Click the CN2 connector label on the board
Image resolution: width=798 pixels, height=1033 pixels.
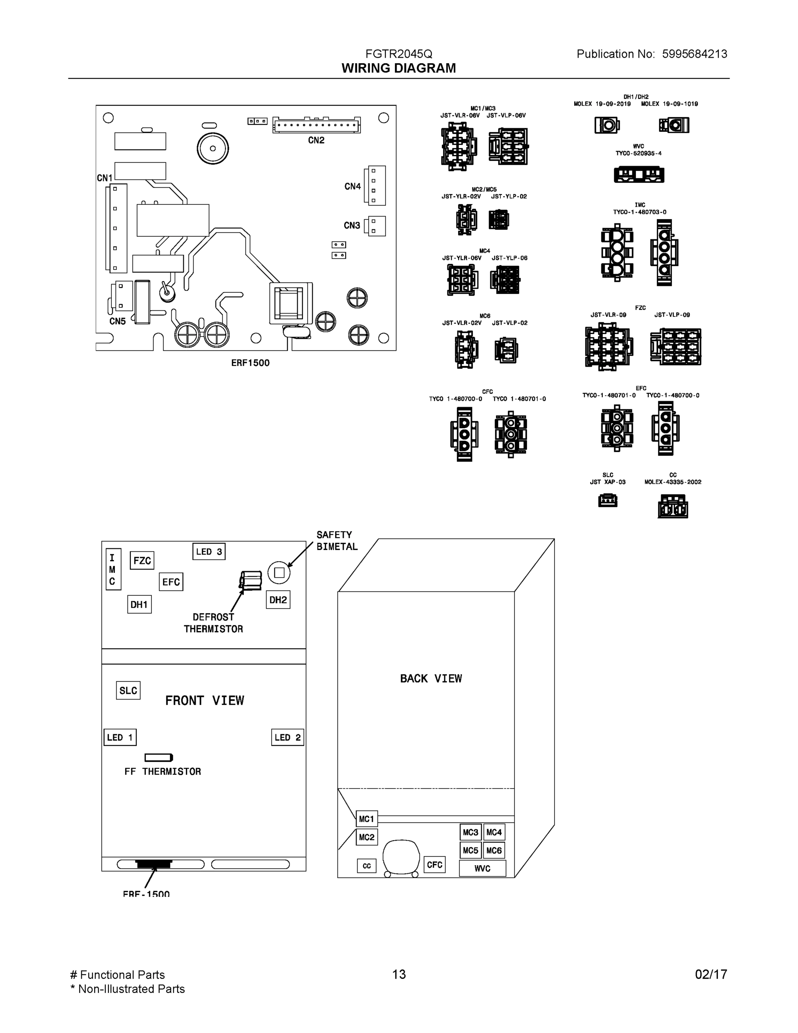click(x=316, y=140)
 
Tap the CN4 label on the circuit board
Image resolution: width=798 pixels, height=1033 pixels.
click(x=352, y=186)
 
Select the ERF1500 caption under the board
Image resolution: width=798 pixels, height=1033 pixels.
click(x=250, y=363)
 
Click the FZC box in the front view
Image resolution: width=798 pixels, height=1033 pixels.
click(x=142, y=560)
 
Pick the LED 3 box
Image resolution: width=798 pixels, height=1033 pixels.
click(x=209, y=551)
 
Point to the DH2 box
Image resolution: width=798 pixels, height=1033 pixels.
click(x=278, y=600)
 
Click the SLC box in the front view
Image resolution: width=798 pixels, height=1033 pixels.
click(x=128, y=690)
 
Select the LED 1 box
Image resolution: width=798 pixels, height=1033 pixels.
click(x=120, y=737)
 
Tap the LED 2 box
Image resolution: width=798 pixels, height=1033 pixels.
click(x=287, y=737)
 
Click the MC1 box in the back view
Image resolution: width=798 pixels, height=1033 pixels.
click(x=367, y=819)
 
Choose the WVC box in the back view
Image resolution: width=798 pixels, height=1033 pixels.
click(x=482, y=869)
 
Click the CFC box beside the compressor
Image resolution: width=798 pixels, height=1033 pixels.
click(x=434, y=865)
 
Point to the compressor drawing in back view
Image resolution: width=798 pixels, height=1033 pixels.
click(x=401, y=857)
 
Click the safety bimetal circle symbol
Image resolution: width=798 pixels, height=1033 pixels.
click(x=279, y=572)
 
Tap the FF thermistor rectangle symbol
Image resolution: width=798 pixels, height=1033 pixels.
click(x=158, y=758)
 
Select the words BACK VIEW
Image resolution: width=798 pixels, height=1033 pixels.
click(x=431, y=678)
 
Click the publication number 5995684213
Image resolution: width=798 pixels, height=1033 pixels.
click(x=694, y=54)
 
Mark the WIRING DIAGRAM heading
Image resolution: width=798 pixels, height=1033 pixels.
click(x=398, y=68)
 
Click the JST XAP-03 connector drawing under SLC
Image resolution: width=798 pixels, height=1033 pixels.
click(x=607, y=501)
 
